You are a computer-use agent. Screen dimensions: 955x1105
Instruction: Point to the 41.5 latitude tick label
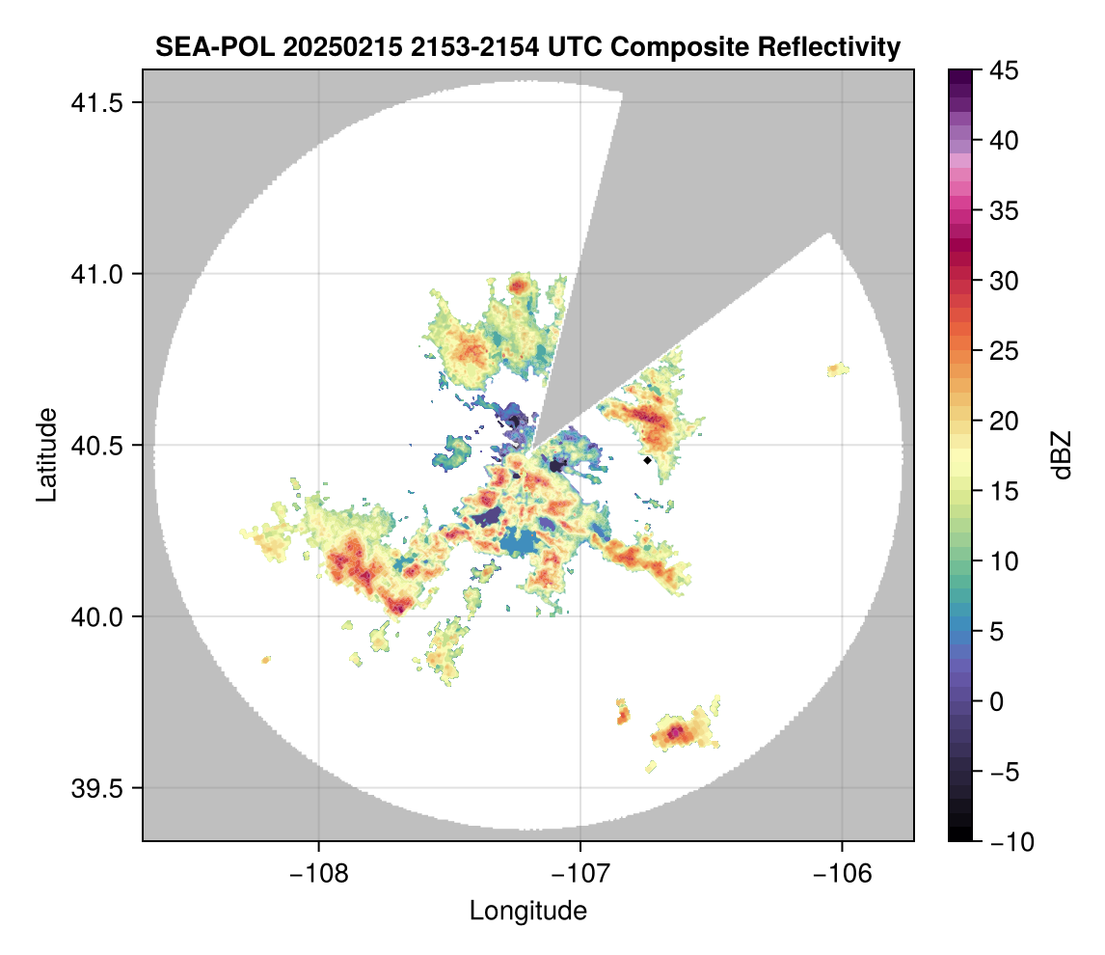click(94, 103)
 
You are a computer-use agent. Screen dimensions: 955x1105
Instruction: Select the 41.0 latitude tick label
click(94, 274)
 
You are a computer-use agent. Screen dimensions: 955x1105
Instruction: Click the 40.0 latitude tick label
click(94, 616)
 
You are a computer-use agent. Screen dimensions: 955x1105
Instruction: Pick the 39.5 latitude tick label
click(94, 788)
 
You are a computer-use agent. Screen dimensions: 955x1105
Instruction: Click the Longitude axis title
click(527, 911)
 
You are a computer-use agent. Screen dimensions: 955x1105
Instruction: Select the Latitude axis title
click(45, 454)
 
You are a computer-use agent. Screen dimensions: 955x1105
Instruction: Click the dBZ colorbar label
click(1062, 454)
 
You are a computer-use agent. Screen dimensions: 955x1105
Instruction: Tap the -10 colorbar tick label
click(1008, 842)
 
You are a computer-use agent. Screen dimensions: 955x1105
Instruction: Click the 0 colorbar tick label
click(999, 701)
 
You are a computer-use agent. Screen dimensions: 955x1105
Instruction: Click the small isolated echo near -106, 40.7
click(839, 369)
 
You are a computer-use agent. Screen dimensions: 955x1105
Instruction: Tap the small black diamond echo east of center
click(647, 460)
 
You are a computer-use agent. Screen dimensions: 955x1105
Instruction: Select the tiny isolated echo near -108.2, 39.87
click(266, 660)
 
